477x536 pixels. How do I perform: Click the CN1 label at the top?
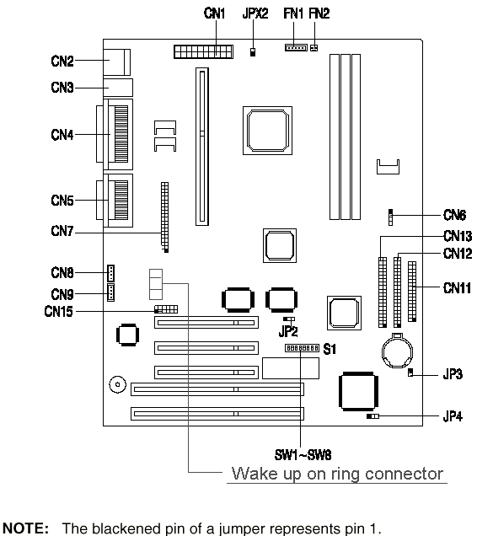[214, 13]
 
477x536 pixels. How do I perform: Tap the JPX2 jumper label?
[255, 13]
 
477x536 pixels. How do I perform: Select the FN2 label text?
[319, 13]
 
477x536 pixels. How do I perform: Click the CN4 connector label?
[62, 135]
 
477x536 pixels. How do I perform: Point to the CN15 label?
[58, 312]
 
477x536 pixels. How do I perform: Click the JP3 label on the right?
[453, 374]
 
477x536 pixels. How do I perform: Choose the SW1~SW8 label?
[303, 455]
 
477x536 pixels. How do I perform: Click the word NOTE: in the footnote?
[26, 528]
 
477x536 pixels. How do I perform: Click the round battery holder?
[397, 351]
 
